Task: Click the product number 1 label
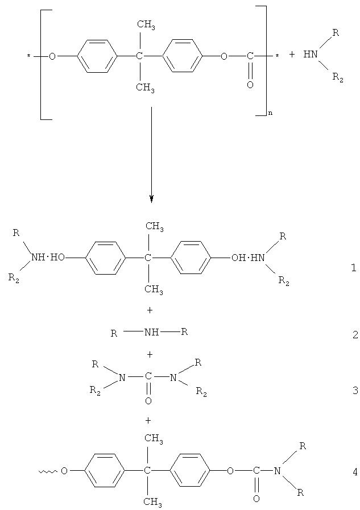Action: (x=354, y=267)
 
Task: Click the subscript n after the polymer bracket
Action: (x=270, y=114)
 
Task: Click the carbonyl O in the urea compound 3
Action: (x=148, y=401)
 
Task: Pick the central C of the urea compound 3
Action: (x=148, y=376)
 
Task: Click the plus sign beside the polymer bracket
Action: (x=292, y=56)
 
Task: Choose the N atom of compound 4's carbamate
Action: (x=278, y=471)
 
